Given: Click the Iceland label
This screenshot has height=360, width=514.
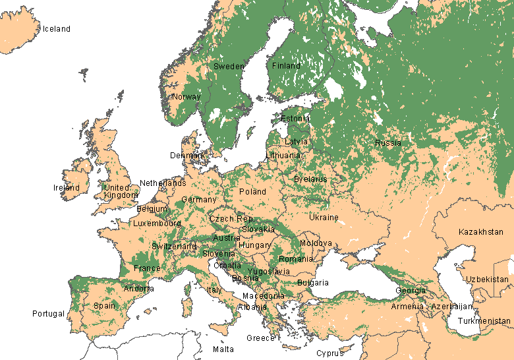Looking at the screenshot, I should tap(56, 29).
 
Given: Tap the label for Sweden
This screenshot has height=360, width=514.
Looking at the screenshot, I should tap(229, 67).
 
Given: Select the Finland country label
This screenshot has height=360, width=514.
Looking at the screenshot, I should tap(286, 66).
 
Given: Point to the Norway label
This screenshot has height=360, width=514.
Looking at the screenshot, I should tap(186, 97).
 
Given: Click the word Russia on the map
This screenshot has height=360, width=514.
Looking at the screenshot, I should tap(388, 143).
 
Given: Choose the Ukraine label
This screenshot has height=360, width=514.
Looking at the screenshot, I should tap(324, 218).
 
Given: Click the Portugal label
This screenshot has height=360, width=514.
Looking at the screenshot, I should tap(49, 314).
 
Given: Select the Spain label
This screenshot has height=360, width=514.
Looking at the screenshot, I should tap(104, 306).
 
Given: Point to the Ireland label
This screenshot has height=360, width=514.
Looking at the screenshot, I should tap(67, 188).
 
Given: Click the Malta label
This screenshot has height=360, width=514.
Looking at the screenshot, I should tap(223, 349).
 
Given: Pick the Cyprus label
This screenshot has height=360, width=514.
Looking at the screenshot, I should tap(329, 353).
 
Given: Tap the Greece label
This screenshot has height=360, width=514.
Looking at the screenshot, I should tap(260, 338).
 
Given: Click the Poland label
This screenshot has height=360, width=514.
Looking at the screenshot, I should tap(252, 192).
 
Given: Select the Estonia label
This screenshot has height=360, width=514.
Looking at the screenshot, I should tap(295, 119).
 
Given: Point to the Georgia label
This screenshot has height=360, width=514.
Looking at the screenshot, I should tap(410, 291).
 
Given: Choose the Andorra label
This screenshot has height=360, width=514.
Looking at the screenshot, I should tap(139, 289).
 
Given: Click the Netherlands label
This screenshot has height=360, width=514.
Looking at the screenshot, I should tap(163, 183).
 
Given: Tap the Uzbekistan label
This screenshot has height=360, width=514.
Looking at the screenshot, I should tap(488, 280).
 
